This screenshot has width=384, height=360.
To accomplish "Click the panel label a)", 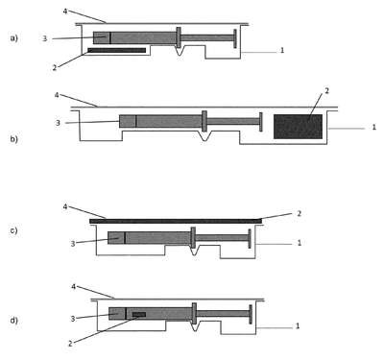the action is tap(14, 38).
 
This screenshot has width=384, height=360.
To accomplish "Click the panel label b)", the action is tap(14, 139).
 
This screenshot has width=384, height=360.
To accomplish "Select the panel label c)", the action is tap(13, 230).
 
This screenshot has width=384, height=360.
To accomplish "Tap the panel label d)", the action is tap(14, 320).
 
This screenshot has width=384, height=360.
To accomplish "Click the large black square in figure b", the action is tap(298, 127).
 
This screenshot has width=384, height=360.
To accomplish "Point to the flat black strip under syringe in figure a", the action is tap(117, 50).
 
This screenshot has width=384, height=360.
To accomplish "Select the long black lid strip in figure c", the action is tap(176, 221).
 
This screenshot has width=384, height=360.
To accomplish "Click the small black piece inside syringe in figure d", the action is tap(139, 315).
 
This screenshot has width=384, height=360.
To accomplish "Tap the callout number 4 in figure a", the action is tap(65, 12).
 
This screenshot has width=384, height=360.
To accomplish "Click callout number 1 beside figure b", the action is tap(373, 127).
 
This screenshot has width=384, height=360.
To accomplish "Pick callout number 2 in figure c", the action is tap(300, 213).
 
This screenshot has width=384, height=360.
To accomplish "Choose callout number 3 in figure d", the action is tap(73, 319).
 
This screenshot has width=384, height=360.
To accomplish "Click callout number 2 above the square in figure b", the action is tap(326, 91).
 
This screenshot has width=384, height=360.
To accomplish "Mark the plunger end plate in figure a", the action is tap(235, 38).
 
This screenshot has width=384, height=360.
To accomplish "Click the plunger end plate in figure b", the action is tap(261, 122).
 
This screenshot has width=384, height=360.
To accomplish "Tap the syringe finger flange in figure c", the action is tap(193, 237).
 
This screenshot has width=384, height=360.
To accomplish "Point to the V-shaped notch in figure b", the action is tap(204, 136).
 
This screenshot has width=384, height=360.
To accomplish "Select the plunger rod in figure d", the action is tap(223, 314).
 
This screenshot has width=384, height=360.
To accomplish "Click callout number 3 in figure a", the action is tap(45, 38).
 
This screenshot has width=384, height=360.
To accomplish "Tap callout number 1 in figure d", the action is tap(298, 326).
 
